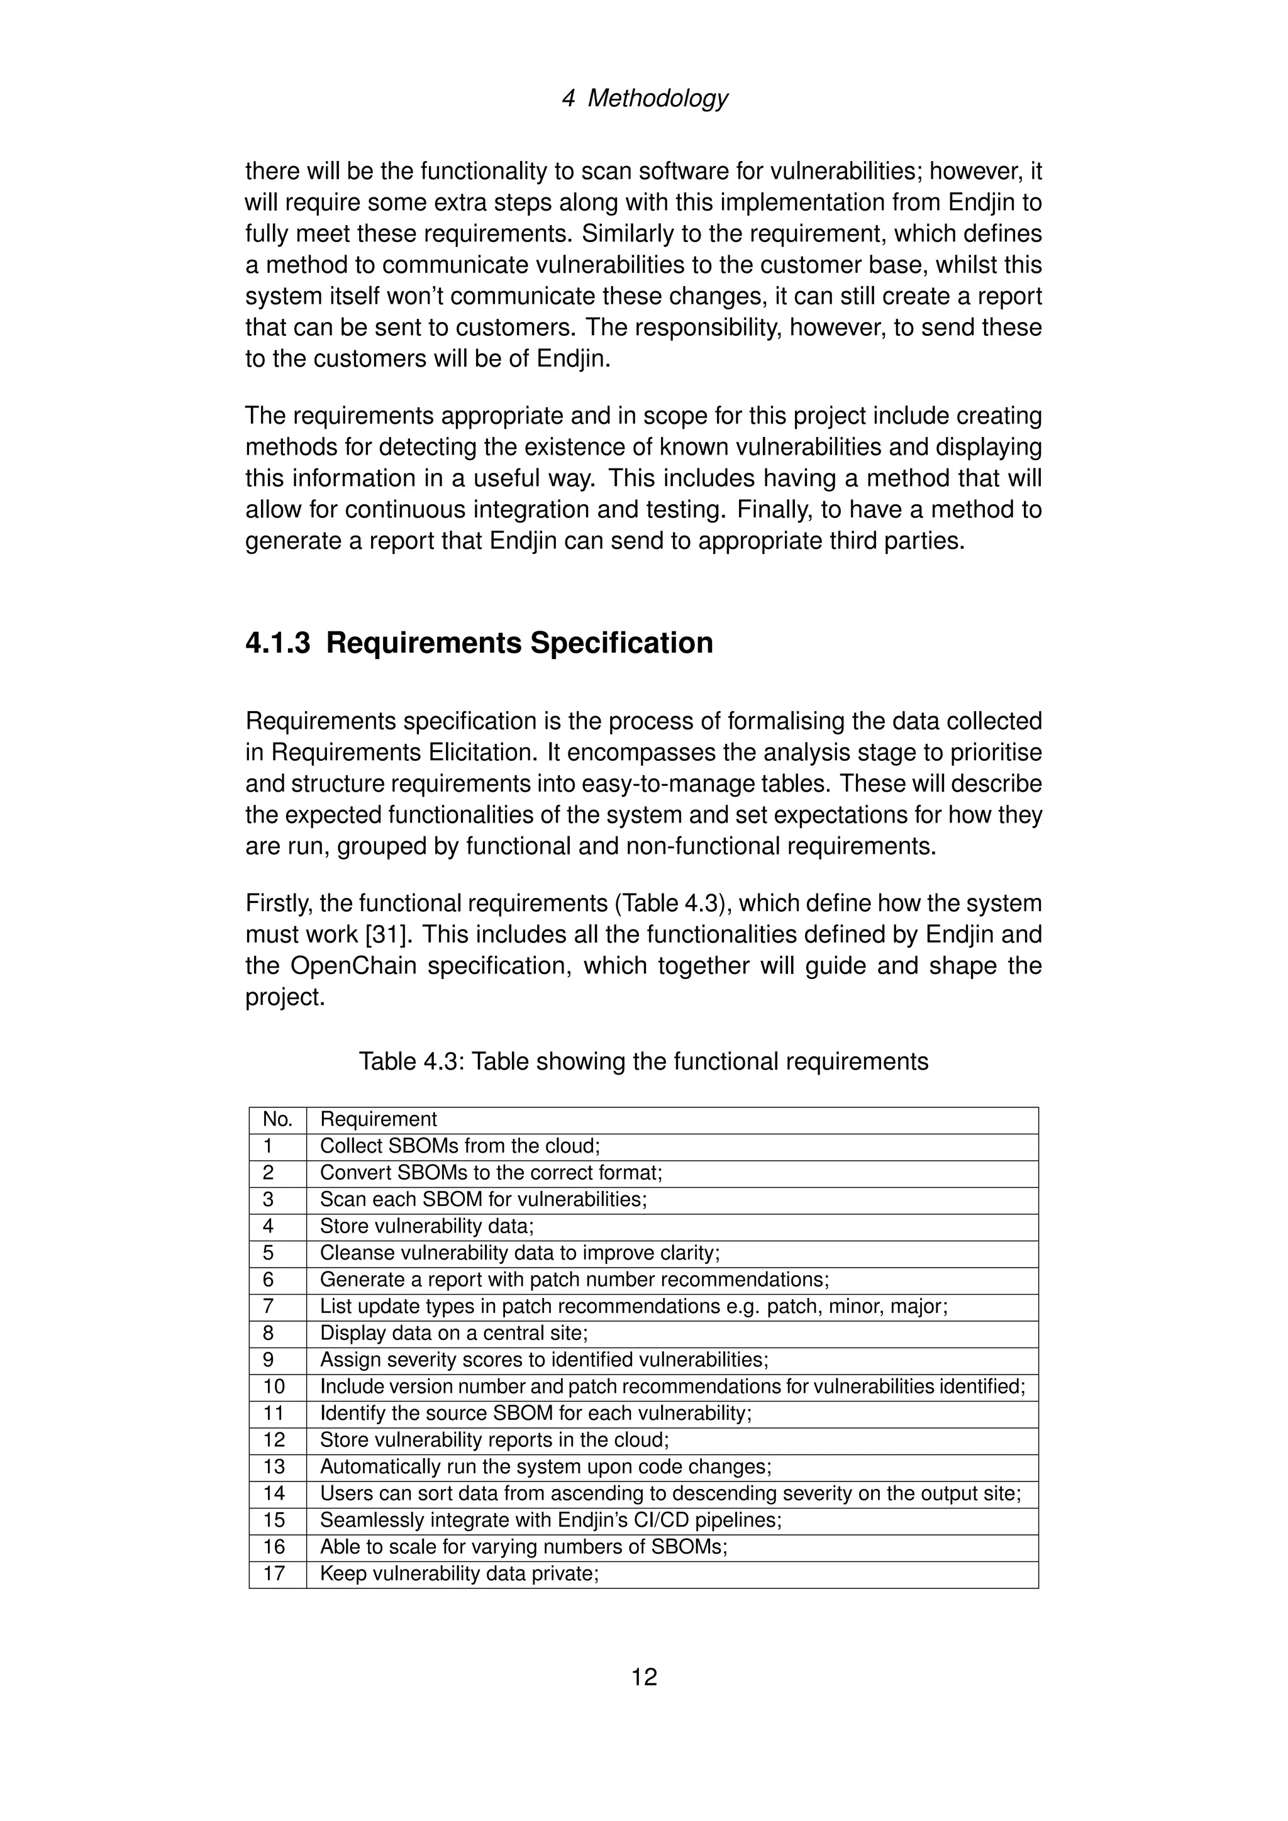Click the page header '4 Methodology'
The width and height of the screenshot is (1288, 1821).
click(x=644, y=98)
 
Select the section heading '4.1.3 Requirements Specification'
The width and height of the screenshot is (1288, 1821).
click(x=479, y=643)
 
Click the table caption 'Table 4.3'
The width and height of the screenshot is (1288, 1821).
click(x=643, y=1061)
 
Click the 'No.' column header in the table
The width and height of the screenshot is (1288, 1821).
click(x=277, y=1119)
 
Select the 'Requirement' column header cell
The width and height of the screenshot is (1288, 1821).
click(x=379, y=1119)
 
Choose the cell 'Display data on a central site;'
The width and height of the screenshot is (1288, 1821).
click(x=453, y=1333)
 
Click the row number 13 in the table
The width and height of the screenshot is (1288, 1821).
click(x=274, y=1466)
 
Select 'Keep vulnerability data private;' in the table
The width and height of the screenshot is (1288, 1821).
click(x=459, y=1573)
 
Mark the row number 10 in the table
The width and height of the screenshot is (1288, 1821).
click(x=274, y=1387)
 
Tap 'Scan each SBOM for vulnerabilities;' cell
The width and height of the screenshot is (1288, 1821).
click(x=483, y=1199)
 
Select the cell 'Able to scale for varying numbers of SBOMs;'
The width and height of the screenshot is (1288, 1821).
click(x=523, y=1547)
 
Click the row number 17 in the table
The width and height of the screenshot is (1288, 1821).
click(x=274, y=1573)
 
